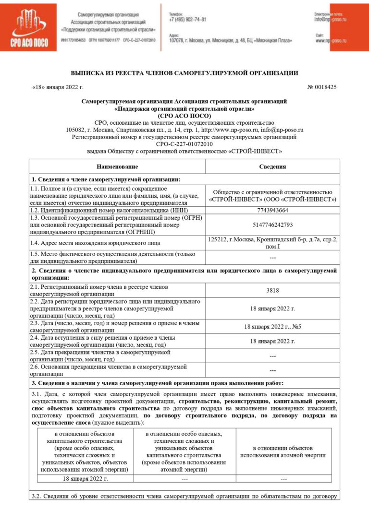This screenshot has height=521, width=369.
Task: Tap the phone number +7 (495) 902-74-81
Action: (x=188, y=20)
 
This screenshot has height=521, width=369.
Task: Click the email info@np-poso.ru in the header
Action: (x=330, y=20)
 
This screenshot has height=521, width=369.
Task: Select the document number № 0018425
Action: (x=321, y=87)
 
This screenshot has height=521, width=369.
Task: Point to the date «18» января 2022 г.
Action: (x=58, y=87)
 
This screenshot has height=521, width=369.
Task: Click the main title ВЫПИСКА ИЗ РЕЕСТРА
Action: (x=184, y=73)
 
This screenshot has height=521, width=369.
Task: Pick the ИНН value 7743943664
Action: (x=272, y=210)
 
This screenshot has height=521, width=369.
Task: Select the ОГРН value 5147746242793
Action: (x=272, y=225)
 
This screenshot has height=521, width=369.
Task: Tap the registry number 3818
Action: (x=272, y=290)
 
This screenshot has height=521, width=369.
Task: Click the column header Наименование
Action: (x=117, y=166)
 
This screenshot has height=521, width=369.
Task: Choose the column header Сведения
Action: (x=272, y=166)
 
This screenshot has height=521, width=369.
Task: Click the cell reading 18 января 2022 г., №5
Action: (x=272, y=327)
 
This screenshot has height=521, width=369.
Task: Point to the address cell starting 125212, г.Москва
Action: (x=272, y=242)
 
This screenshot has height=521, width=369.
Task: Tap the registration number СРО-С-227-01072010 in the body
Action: (x=184, y=143)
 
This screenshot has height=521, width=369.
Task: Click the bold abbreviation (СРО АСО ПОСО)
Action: (x=184, y=116)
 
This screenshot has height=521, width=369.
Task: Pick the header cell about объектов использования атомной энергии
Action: (x=283, y=451)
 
